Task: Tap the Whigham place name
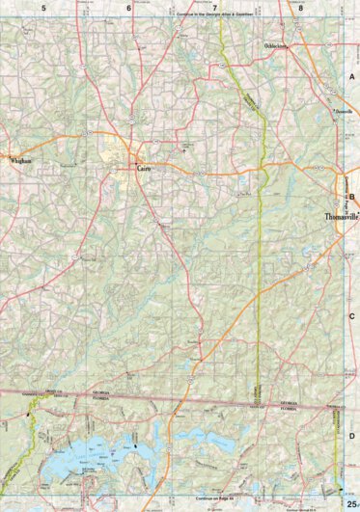(x=20, y=160)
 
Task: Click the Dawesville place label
(x=343, y=112)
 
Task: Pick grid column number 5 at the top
(x=43, y=8)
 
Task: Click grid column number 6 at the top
(x=128, y=8)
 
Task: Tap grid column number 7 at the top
(x=214, y=8)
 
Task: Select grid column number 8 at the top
(x=300, y=8)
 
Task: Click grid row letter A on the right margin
(x=352, y=76)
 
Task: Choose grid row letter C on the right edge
(x=352, y=316)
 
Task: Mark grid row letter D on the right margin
(x=352, y=436)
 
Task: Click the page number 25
(x=350, y=504)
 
